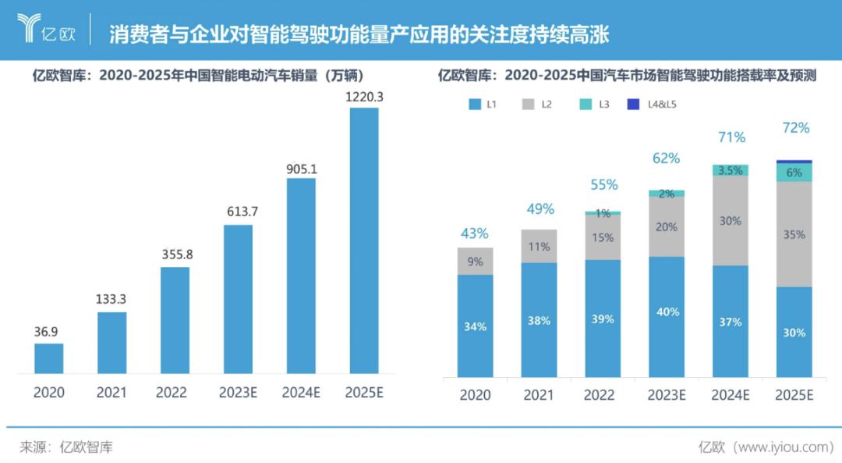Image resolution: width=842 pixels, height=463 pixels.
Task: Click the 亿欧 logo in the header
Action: coord(46,30)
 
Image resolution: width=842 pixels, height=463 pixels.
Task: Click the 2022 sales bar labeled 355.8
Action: coord(175,320)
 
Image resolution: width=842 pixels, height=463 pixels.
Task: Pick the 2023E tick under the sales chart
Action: coord(238,392)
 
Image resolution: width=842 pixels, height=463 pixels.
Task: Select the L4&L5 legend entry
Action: coord(663,103)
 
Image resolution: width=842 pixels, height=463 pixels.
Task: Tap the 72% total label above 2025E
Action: coord(794,128)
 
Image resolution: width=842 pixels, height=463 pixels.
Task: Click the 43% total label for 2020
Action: coord(474,233)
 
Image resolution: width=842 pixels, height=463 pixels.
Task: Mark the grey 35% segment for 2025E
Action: coord(794,234)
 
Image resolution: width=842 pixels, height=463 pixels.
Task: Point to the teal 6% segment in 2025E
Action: coord(794,173)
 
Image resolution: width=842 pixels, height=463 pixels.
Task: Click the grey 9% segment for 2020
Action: coord(475,262)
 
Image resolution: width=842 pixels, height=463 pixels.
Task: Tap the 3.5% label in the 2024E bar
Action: coord(731,170)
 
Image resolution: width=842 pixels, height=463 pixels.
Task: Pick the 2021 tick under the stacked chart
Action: coord(539,395)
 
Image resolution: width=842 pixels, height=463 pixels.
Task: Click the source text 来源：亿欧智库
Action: coord(66,447)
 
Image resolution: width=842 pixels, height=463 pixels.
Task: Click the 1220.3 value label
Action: coord(364,97)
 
